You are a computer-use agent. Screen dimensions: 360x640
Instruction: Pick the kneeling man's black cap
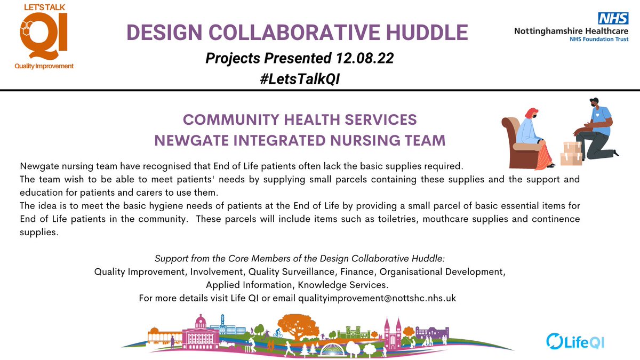click(x=594, y=100)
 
